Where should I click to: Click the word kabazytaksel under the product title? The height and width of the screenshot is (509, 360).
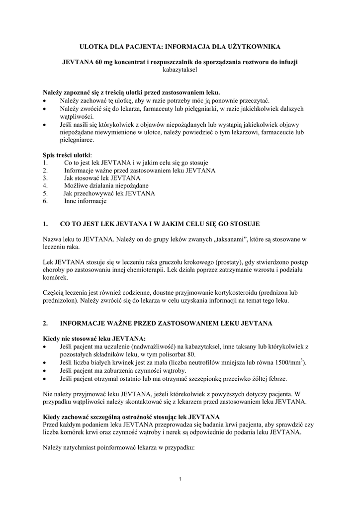point(180,70)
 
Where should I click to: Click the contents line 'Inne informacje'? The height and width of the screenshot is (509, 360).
point(85,201)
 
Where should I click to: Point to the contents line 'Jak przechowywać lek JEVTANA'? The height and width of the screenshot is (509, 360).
point(109,193)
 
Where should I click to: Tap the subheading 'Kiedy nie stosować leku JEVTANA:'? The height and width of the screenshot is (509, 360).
point(94,339)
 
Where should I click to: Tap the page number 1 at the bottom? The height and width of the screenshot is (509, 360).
point(180,479)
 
